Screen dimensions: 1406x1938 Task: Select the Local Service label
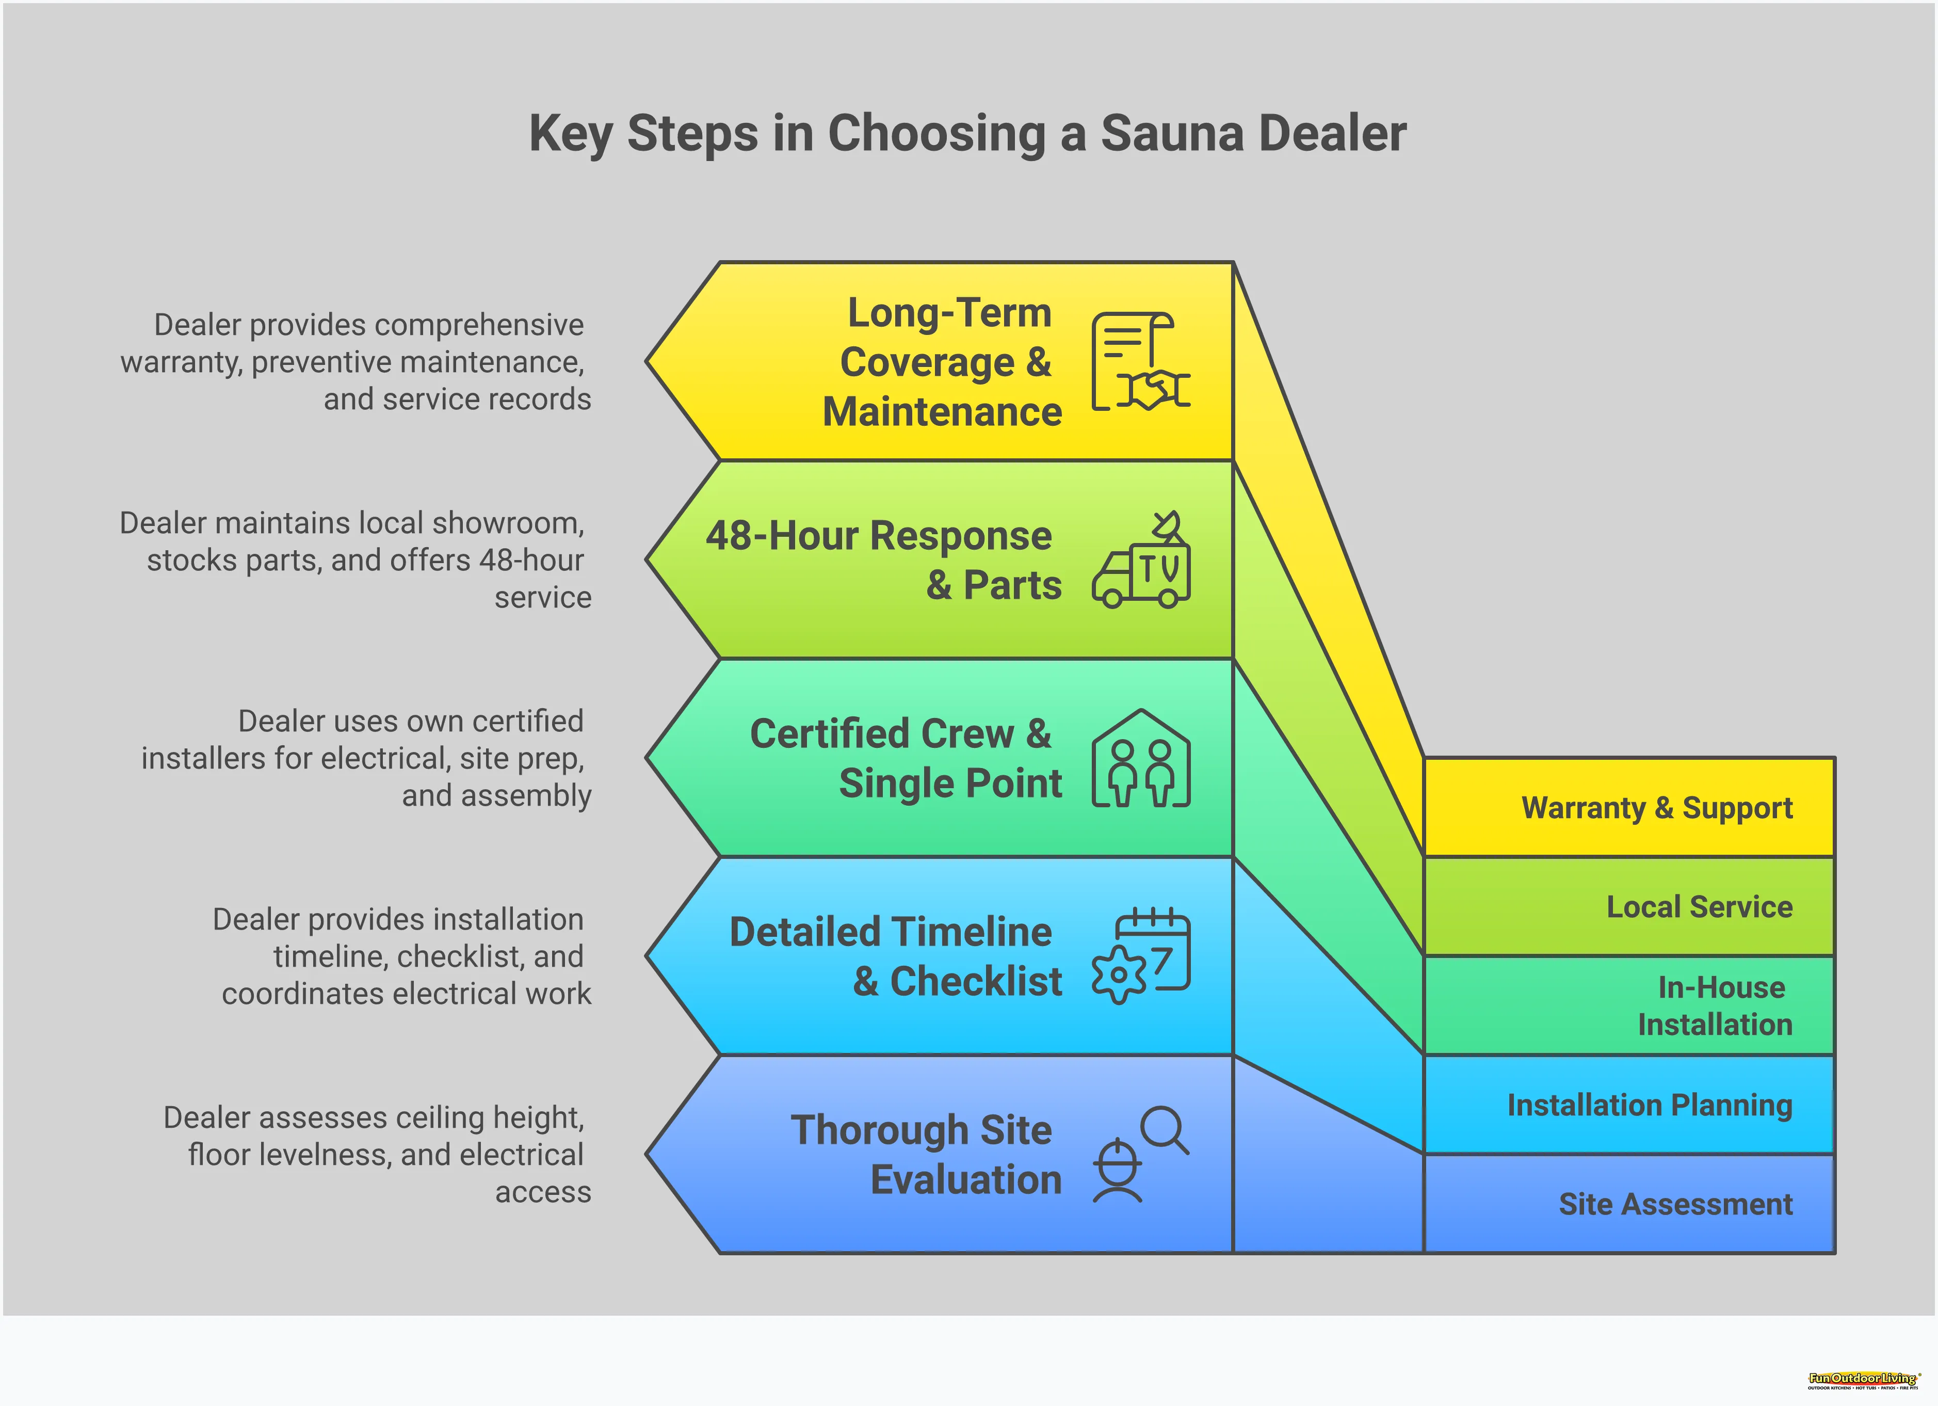pos(1699,907)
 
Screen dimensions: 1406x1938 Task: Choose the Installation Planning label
pos(1649,1105)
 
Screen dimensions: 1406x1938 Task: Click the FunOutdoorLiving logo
pos(1862,1380)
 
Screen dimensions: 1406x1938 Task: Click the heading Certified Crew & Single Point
pos(905,759)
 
